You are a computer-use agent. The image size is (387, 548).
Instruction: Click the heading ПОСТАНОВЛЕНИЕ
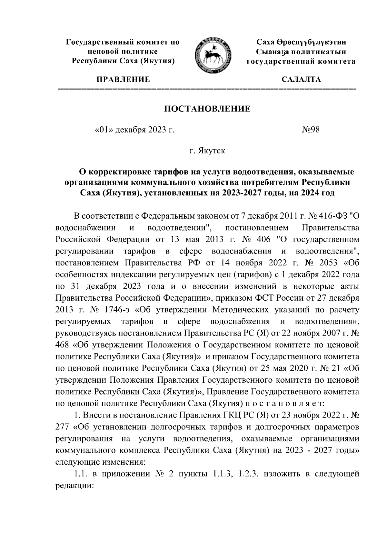[x=208, y=109]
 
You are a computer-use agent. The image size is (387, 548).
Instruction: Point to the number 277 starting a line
[x=62, y=427]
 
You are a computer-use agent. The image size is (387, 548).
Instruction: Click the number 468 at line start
[x=62, y=345]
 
